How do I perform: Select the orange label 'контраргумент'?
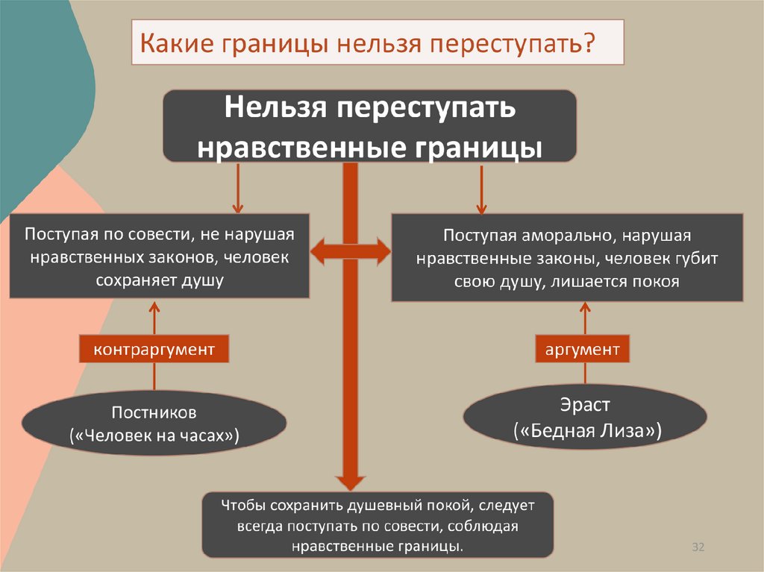point(154,349)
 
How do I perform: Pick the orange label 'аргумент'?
point(582,349)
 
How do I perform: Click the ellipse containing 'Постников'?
point(154,423)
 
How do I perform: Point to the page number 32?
point(698,547)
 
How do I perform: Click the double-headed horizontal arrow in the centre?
point(350,252)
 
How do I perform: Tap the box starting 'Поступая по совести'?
point(159,257)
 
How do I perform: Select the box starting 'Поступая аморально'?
point(567,257)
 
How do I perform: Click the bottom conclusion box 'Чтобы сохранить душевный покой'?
point(378,525)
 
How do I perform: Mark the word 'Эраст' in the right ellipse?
point(586,406)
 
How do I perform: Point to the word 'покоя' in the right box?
point(655,281)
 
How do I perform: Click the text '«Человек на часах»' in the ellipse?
point(154,436)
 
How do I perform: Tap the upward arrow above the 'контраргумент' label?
point(154,317)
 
